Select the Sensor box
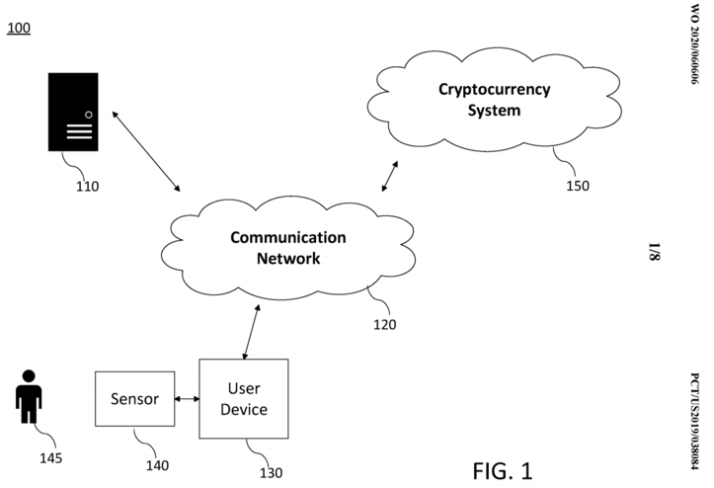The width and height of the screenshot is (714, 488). pyautogui.click(x=134, y=401)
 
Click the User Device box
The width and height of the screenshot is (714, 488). pyautogui.click(x=244, y=398)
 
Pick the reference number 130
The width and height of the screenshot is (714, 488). pyautogui.click(x=271, y=472)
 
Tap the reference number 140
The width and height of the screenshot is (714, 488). pyautogui.click(x=155, y=465)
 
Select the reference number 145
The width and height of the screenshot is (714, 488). pyautogui.click(x=49, y=457)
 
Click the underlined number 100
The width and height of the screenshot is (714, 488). pyautogui.click(x=19, y=27)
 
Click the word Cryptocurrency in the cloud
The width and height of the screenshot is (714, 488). pyautogui.click(x=494, y=90)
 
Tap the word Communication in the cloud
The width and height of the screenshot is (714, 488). pyautogui.click(x=288, y=238)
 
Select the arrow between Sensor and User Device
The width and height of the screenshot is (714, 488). pyautogui.click(x=187, y=399)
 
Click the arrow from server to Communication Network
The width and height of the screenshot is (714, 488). pyautogui.click(x=146, y=151)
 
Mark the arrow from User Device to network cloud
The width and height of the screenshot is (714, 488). pyautogui.click(x=251, y=332)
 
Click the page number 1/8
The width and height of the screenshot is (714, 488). pyautogui.click(x=694, y=248)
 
